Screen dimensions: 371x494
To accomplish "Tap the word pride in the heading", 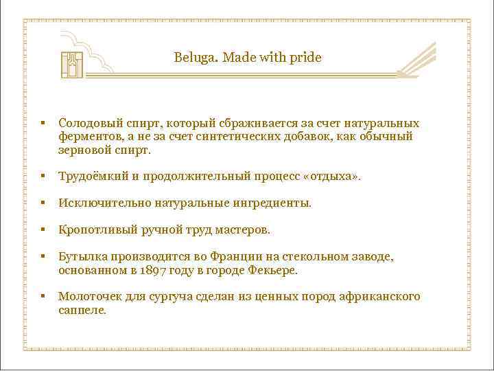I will point(305,58).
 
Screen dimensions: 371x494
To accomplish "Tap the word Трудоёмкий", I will point(93,177).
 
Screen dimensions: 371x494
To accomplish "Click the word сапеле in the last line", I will point(82,310).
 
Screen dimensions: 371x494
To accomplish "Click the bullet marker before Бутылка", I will point(43,257).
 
